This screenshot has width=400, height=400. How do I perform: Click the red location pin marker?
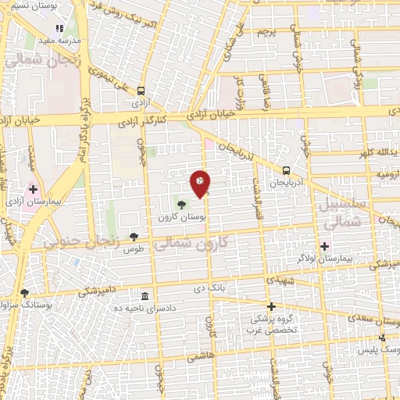point(201,184)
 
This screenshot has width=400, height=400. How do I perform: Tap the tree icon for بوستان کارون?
point(182,205)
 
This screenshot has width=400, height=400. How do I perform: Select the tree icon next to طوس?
point(135,235)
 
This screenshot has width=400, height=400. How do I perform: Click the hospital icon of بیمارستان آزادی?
point(34,188)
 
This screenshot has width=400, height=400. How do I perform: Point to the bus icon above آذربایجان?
point(286,170)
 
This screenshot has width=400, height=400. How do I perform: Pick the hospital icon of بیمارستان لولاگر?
point(325,246)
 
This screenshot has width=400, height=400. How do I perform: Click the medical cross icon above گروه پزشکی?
point(271,306)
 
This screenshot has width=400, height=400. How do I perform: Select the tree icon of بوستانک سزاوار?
point(24,293)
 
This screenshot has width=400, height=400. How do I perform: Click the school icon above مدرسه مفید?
point(60,28)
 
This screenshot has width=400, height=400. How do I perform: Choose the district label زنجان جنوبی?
point(82,243)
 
